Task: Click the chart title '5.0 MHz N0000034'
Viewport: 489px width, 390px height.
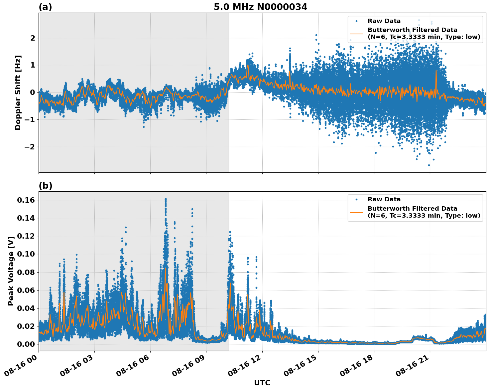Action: pos(260,7)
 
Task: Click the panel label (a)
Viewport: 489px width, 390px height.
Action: pos(45,7)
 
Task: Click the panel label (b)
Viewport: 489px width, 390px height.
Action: pos(46,186)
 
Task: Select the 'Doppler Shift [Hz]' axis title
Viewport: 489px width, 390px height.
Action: pos(18,93)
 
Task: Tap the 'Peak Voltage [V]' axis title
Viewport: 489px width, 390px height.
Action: pos(11,271)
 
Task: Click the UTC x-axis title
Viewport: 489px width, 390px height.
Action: pos(262,383)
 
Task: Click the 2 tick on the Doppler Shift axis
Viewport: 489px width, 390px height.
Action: pos(33,38)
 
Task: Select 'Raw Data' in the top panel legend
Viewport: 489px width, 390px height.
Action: pos(384,21)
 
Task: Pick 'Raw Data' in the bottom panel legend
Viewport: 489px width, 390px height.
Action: pos(384,199)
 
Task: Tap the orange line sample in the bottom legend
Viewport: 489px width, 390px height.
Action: pos(357,212)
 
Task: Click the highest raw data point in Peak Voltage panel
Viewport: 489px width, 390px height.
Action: pos(166,199)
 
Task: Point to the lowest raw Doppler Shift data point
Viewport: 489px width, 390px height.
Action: pos(429,165)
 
